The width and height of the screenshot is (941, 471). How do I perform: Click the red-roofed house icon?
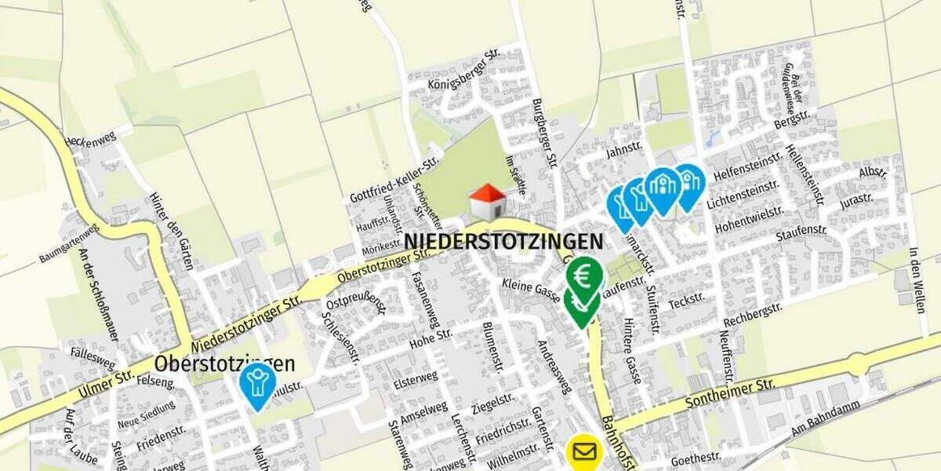tap(487, 203)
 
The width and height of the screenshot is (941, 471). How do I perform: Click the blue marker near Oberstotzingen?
tap(256, 383)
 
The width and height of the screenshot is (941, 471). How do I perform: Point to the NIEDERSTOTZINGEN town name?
tap(503, 241)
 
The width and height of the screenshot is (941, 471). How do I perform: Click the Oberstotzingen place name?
tap(224, 364)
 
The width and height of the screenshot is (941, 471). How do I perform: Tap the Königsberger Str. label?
tap(464, 72)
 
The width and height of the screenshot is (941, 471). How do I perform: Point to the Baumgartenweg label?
tap(69, 243)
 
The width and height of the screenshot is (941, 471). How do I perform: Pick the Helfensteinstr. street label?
tap(744, 170)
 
